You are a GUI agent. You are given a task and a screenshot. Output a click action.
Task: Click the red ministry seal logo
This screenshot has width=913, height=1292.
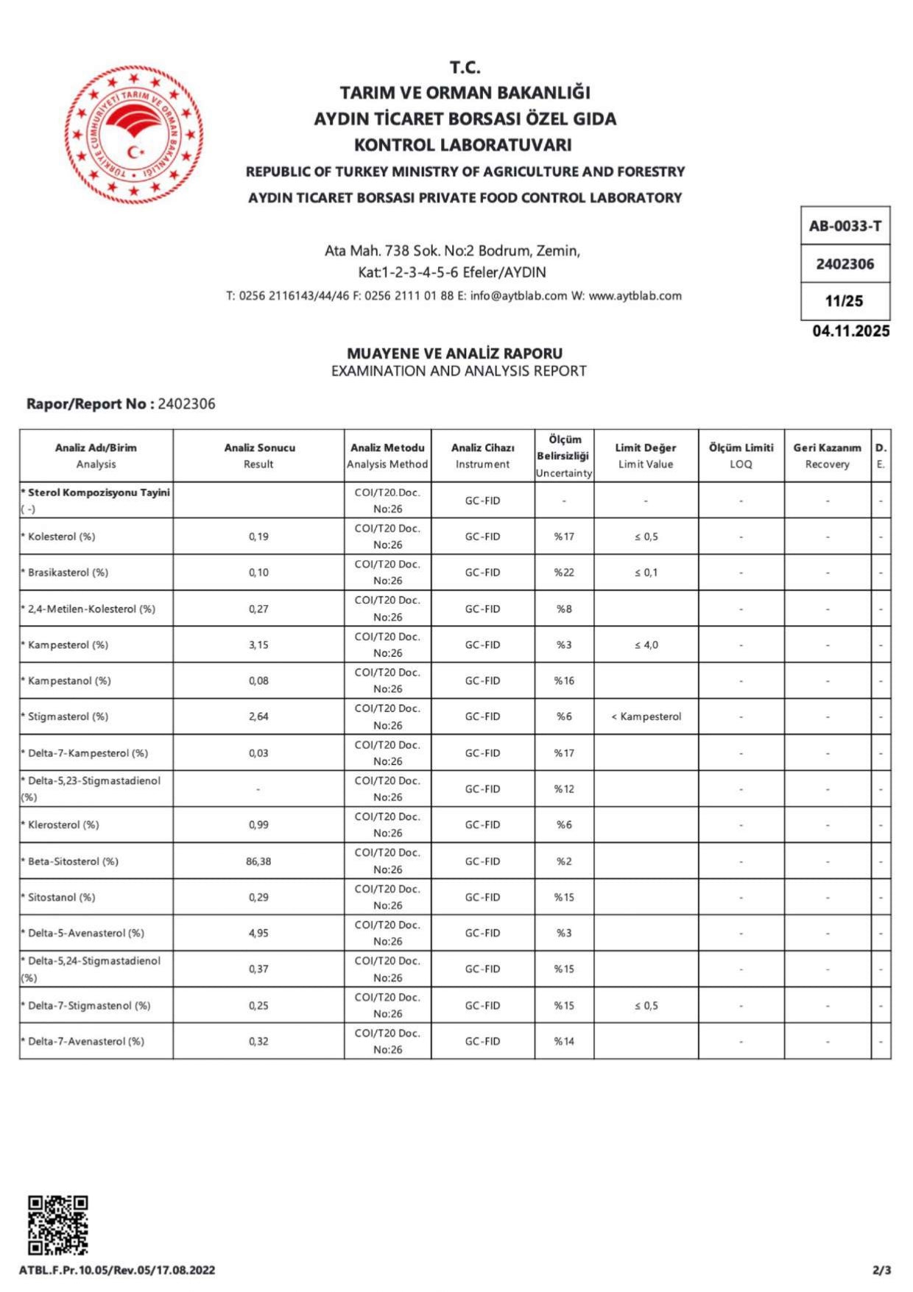[133, 135]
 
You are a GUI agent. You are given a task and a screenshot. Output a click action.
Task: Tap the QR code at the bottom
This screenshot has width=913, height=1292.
[57, 1225]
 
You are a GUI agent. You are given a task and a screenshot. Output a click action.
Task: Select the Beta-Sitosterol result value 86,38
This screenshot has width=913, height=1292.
[258, 861]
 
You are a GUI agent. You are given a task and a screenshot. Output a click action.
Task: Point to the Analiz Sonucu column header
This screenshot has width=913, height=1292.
[259, 448]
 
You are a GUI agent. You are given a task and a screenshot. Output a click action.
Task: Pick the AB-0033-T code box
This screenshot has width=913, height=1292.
[845, 226]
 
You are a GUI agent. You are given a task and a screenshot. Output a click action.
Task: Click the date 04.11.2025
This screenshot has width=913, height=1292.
[851, 331]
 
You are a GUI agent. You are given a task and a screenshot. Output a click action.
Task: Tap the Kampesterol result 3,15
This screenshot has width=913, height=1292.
[258, 645]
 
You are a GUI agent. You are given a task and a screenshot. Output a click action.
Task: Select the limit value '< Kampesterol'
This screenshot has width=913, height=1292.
[646, 716]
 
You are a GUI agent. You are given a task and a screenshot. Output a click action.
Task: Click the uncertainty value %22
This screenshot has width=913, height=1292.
[564, 573]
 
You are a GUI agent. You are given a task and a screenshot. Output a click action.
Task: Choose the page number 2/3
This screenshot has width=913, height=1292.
[881, 1270]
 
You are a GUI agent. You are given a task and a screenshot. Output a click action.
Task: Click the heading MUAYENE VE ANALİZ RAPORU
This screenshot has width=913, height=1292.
[454, 353]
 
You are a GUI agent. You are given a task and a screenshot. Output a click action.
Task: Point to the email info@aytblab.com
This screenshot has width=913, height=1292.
[518, 296]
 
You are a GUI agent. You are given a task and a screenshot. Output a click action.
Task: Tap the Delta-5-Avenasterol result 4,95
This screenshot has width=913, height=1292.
[258, 933]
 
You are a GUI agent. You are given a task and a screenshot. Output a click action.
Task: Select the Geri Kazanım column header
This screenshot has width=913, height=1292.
[827, 448]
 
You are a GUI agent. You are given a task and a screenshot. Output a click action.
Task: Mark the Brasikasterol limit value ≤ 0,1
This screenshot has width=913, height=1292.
[646, 573]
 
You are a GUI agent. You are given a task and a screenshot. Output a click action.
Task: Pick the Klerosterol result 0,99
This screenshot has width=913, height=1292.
[258, 825]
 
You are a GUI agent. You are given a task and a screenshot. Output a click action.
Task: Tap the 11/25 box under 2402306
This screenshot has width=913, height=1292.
[845, 301]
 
